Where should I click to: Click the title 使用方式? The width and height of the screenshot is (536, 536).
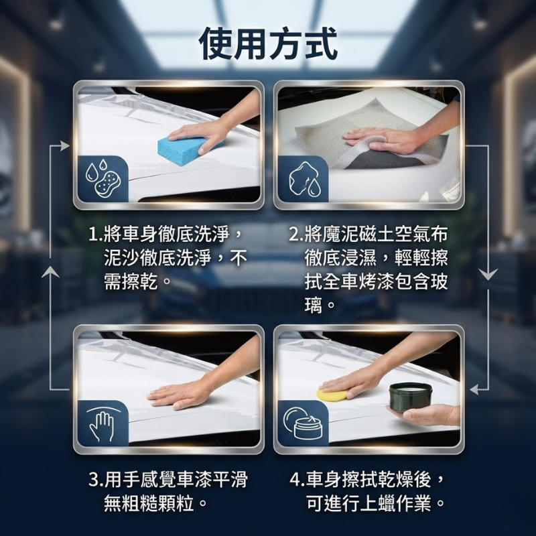pyautogui.click(x=268, y=44)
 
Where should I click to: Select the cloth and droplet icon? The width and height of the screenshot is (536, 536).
pyautogui.click(x=304, y=180)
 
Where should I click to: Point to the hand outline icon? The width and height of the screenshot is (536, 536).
pyautogui.click(x=102, y=424)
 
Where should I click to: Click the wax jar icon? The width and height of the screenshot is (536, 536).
pyautogui.click(x=303, y=424)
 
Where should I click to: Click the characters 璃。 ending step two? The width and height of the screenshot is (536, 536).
pyautogui.click(x=319, y=304)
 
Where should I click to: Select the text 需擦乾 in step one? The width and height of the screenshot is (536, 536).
pyautogui.click(x=131, y=281)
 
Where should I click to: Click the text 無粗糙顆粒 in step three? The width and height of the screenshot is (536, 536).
pyautogui.click(x=149, y=503)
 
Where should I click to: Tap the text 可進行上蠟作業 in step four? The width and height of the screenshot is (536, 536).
pyautogui.click(x=368, y=503)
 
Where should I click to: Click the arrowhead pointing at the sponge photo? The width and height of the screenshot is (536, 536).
pyautogui.click(x=65, y=146)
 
